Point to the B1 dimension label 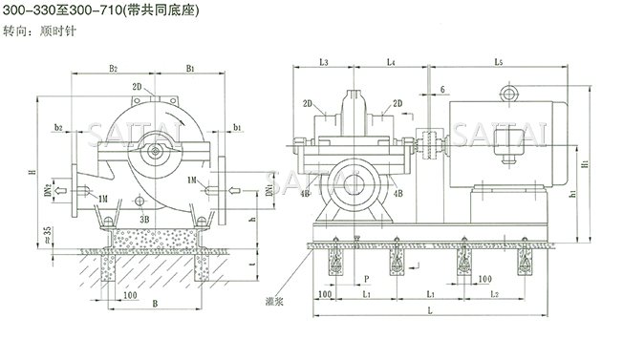(191, 69)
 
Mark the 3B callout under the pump (144, 218)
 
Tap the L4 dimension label (392, 62)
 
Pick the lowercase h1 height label (570, 191)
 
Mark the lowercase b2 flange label (59, 126)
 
